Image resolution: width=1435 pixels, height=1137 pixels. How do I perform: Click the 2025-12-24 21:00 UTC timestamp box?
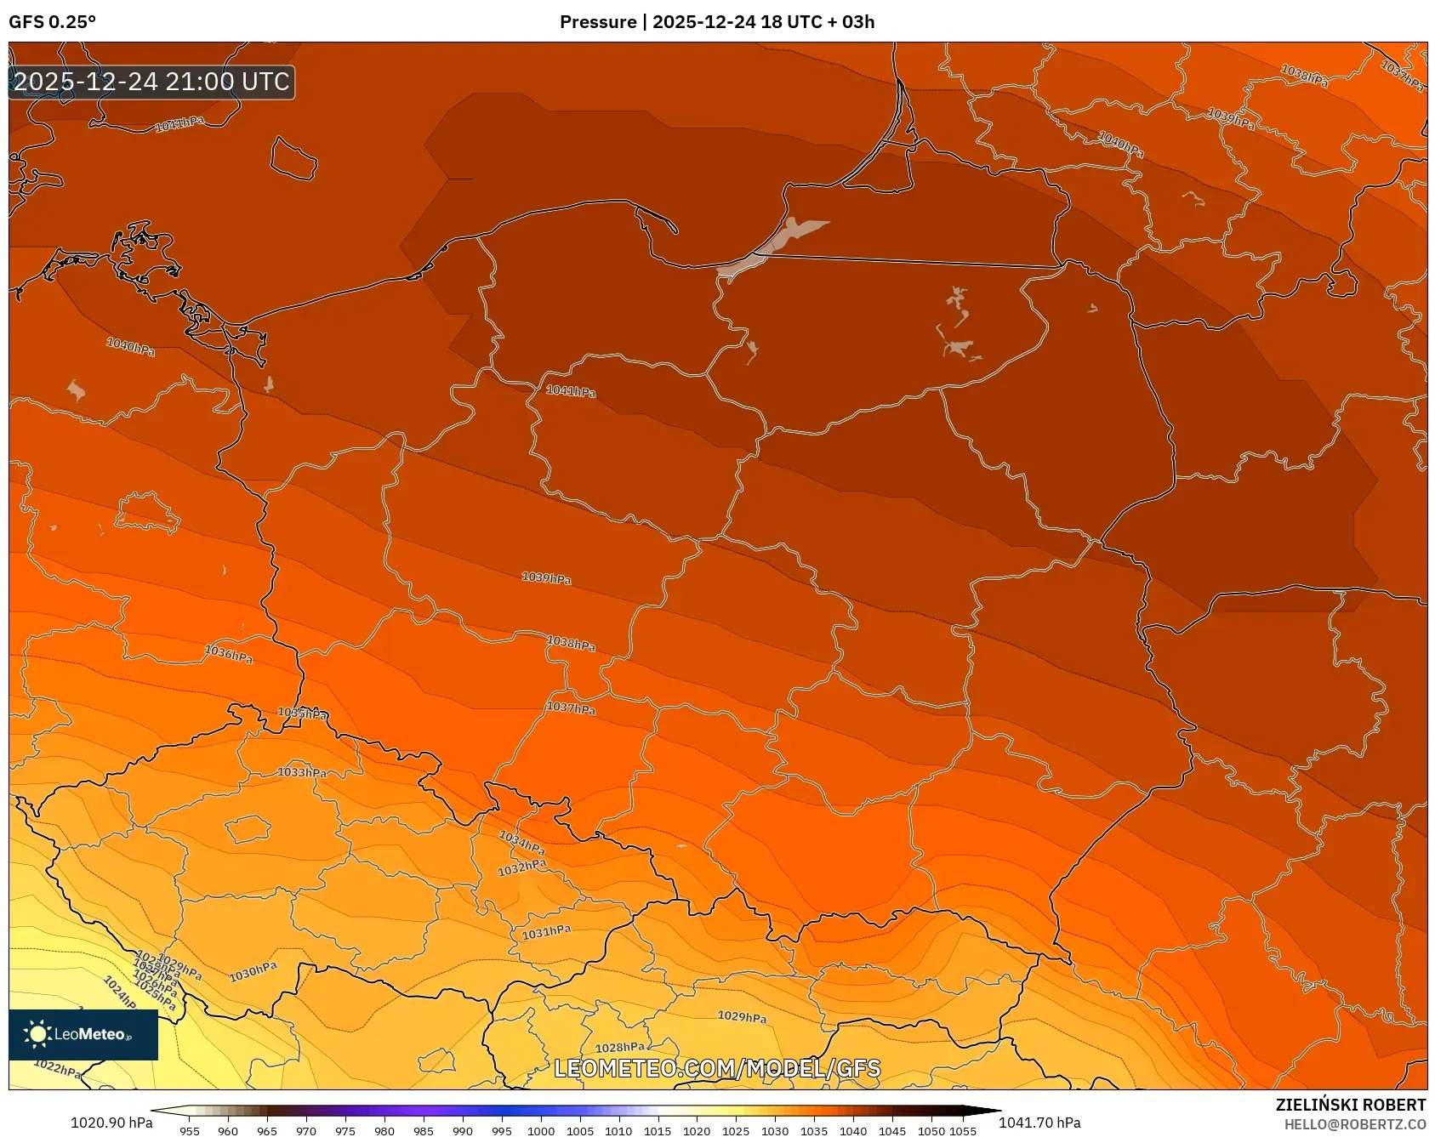tap(151, 82)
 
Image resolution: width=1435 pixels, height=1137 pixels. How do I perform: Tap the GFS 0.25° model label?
tap(52, 22)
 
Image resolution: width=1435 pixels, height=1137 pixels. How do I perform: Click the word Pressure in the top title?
tap(597, 22)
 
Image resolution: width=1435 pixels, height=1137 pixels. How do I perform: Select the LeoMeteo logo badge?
tap(83, 1034)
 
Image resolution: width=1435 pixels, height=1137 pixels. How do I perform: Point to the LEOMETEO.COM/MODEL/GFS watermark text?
tap(717, 1068)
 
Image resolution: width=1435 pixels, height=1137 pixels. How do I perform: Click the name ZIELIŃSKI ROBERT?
tap(1350, 1105)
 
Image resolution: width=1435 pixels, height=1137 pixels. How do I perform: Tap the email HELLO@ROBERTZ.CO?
tap(1354, 1124)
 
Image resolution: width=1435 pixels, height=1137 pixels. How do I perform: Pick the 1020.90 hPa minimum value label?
tap(111, 1123)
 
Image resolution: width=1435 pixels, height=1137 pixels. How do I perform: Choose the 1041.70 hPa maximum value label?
tap(1039, 1123)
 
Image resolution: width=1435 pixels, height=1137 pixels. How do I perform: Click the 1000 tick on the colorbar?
tap(541, 1131)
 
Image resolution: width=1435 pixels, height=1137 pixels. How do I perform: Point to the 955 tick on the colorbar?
tap(190, 1131)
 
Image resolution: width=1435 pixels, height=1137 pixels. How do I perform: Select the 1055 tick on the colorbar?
tap(963, 1131)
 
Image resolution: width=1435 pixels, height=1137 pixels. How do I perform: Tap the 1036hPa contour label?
tap(228, 654)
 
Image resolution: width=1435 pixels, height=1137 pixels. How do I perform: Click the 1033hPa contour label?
tap(302, 772)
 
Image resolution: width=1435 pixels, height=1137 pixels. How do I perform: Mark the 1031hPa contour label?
tap(546, 932)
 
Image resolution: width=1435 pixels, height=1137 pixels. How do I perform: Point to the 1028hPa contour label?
tap(619, 1048)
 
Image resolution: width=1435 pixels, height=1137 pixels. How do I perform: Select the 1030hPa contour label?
tap(253, 971)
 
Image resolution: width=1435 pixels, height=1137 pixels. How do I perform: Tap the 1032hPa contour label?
tap(521, 868)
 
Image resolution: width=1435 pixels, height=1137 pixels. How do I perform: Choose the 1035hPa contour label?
tap(302, 713)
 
